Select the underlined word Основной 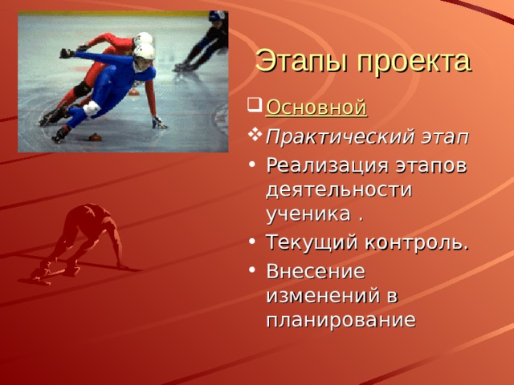coord(316,107)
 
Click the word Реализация coord(323,165)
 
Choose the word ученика coord(309,214)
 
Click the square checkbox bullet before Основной coord(255,106)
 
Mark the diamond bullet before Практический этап coord(255,136)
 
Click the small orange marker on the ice coord(94,137)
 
